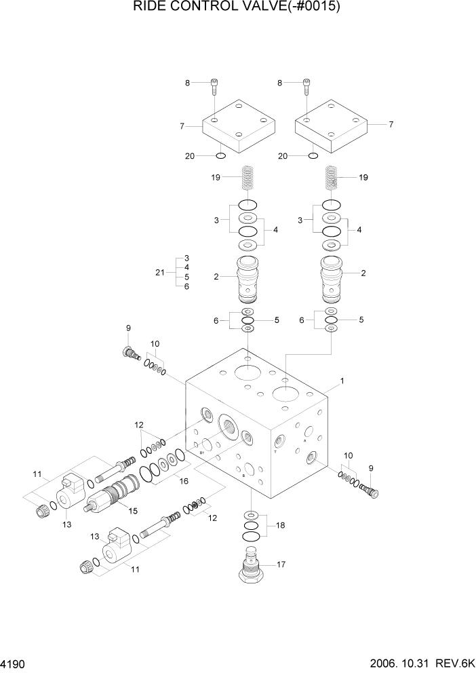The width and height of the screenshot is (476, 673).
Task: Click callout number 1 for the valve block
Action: point(342,381)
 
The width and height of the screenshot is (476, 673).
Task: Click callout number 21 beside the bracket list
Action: point(160,272)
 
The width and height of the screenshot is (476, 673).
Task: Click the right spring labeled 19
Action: point(331,179)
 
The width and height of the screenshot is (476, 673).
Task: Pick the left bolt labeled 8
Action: point(215,85)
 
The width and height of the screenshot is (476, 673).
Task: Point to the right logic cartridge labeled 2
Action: point(332,278)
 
